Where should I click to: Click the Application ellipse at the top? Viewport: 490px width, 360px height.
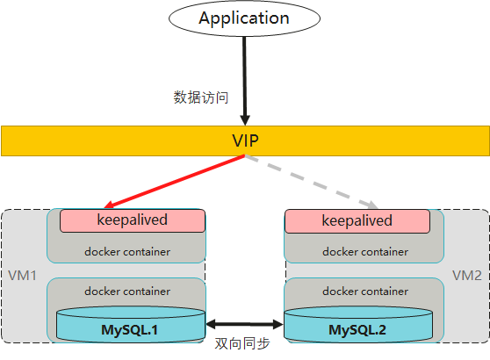pos(244,18)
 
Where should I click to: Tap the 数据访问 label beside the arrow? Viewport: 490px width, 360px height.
pos(201,97)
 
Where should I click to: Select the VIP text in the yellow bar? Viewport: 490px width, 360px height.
pos(244,140)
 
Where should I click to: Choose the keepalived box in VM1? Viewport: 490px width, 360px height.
pos(132,220)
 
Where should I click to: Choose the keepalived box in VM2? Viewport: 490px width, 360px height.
pos(357,220)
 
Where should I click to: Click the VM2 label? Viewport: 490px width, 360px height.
pos(467,276)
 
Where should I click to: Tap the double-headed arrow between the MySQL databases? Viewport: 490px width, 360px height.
pos(244,323)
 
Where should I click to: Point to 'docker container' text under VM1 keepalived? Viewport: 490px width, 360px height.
pos(127,252)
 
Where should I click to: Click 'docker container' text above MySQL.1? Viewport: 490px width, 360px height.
pos(127,291)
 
